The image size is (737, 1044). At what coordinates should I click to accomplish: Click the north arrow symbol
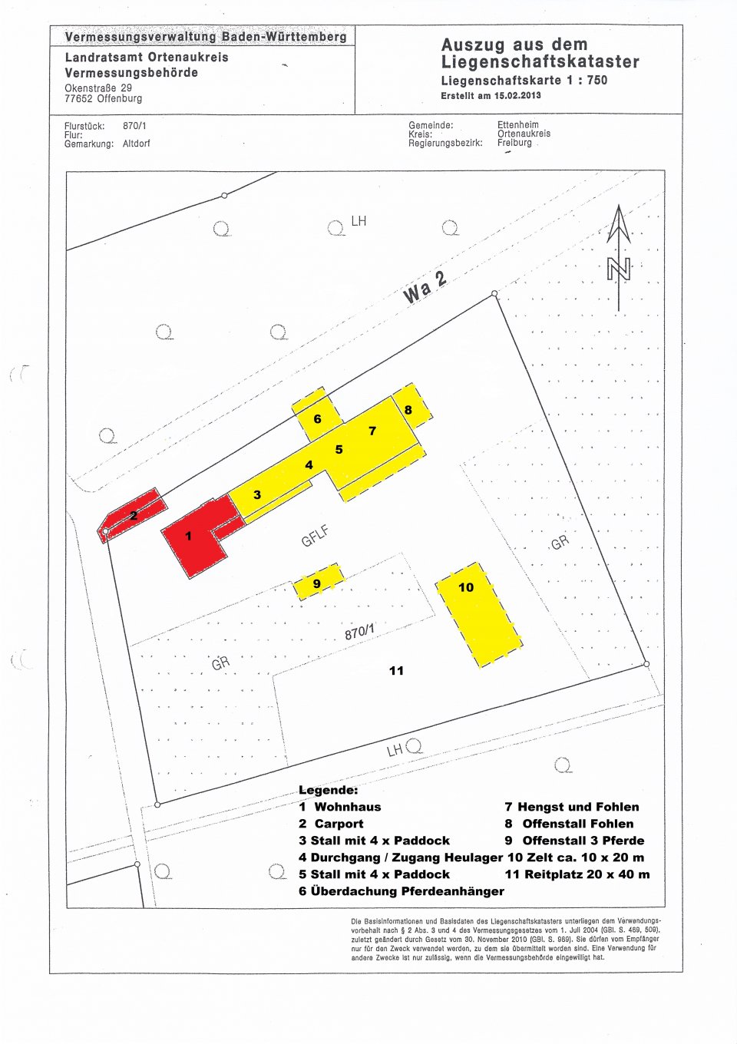coord(619,257)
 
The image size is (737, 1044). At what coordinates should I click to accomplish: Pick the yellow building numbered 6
coord(316,417)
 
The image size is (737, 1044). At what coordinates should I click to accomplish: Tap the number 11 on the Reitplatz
coord(396,670)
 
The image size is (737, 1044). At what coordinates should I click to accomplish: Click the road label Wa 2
coord(425,286)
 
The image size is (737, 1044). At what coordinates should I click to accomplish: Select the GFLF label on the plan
coord(315,535)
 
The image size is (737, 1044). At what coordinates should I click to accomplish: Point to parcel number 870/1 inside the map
coord(359,632)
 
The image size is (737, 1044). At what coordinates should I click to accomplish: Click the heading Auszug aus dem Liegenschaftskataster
coord(540,53)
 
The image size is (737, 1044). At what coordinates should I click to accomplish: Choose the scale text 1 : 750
coord(587,80)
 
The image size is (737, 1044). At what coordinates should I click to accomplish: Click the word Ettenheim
coord(517,124)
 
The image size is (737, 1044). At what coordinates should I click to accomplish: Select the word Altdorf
coord(137,144)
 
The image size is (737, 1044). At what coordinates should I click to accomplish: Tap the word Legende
coord(328,790)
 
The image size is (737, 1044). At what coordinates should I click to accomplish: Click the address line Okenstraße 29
coord(98,88)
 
